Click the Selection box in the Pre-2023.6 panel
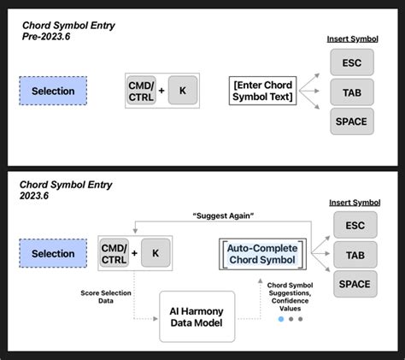click(52, 91)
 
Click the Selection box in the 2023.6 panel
click(52, 254)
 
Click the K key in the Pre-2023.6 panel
click(182, 90)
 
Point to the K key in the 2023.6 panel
click(156, 253)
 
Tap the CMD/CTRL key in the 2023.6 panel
click(113, 253)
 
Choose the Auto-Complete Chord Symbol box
click(261, 253)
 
